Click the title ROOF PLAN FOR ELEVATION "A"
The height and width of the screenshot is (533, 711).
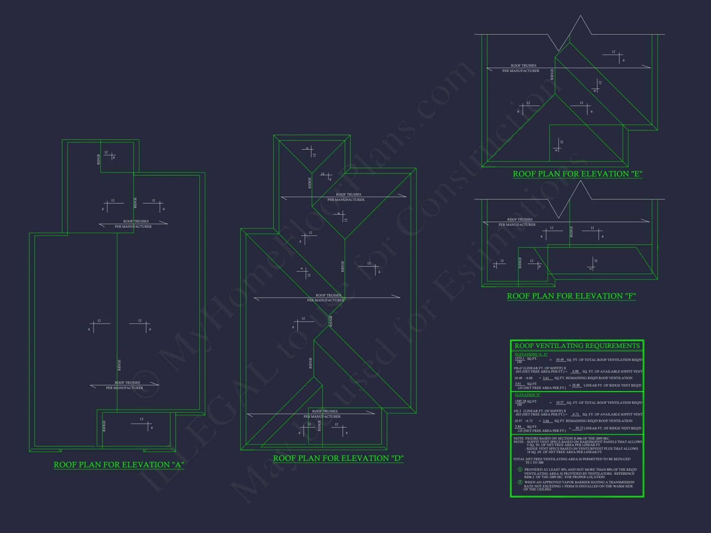[119, 465]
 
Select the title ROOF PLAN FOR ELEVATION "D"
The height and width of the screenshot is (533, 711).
[338, 458]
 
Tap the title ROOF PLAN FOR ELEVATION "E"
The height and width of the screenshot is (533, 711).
[577, 174]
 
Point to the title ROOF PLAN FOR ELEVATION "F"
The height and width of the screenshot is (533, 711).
[571, 296]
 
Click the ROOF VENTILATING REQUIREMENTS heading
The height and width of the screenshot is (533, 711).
[577, 346]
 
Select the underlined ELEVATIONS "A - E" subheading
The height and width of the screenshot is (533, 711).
[531, 354]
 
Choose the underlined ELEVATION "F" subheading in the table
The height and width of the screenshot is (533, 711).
[528, 395]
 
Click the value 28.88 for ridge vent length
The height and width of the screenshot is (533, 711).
[576, 385]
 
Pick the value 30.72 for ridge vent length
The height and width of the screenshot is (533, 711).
[579, 428]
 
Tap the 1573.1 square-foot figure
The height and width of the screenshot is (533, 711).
[519, 358]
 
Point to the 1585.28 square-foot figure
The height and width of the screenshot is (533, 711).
[520, 401]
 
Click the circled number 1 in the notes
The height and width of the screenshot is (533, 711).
[520, 469]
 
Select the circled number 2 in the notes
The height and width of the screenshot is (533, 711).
[520, 482]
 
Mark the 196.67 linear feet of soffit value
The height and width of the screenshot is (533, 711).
[519, 368]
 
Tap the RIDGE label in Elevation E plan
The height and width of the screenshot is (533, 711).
[552, 74]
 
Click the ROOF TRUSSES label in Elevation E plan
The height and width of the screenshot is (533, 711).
[523, 66]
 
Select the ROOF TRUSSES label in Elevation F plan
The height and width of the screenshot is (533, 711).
[520, 220]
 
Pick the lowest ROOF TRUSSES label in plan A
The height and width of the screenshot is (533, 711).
[127, 383]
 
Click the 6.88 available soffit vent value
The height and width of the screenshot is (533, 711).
[575, 371]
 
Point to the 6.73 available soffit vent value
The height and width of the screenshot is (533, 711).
[575, 414]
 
